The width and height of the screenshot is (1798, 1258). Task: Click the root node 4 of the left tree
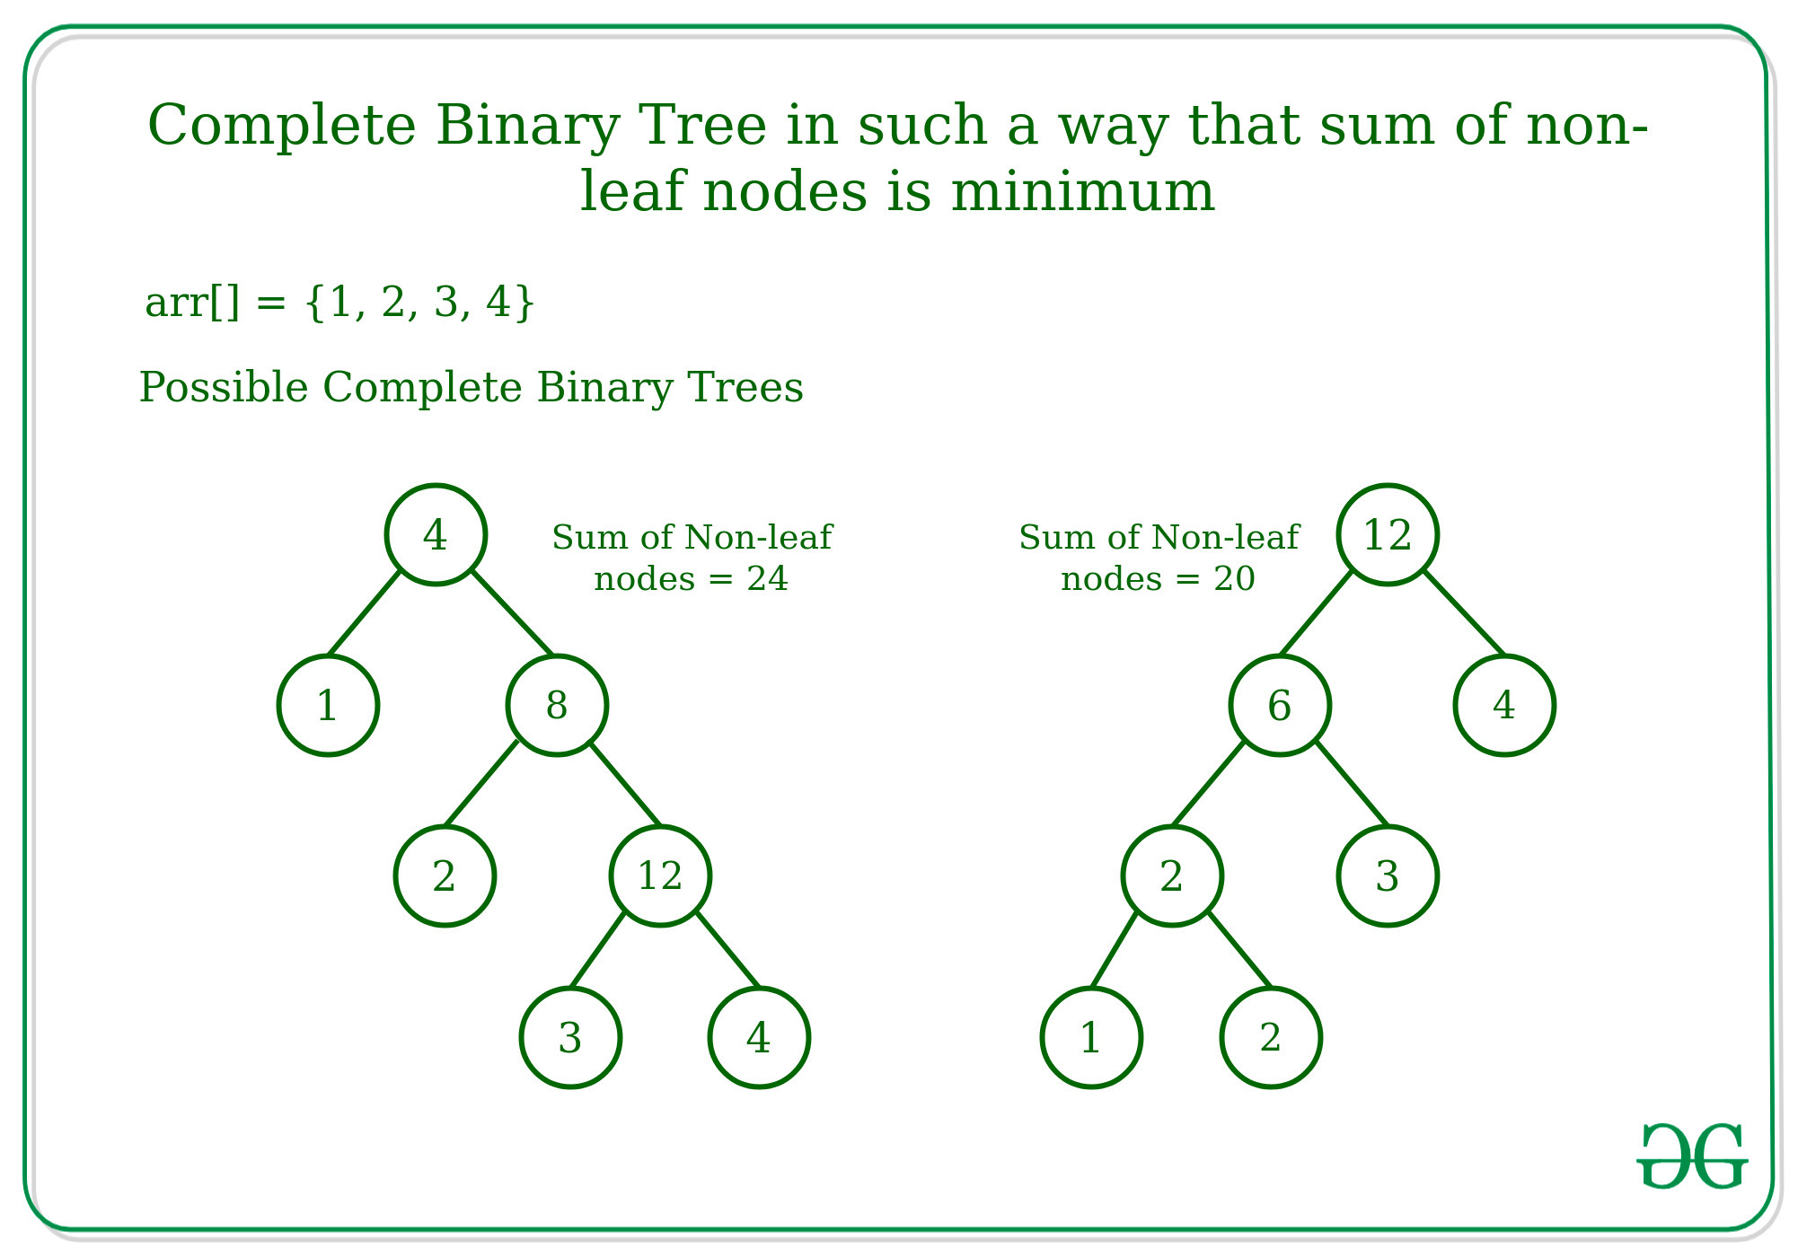436,535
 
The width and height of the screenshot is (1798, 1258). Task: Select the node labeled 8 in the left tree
557,706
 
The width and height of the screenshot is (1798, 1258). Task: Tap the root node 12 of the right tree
1388,535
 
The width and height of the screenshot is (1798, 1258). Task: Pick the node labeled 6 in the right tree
1280,706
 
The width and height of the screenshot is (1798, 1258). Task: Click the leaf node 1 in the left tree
328,706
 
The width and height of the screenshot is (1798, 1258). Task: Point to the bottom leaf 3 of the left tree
570,1038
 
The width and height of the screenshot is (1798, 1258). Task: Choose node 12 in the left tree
660,876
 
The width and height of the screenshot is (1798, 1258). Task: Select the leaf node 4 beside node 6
1504,706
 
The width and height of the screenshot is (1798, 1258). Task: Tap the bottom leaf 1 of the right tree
1091,1038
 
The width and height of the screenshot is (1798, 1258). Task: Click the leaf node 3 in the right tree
1388,876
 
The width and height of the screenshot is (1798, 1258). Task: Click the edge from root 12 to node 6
1316,612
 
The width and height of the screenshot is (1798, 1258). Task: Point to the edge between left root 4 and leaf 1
364,612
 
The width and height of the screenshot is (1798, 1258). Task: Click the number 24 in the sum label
767,579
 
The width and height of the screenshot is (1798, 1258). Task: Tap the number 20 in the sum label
1234,579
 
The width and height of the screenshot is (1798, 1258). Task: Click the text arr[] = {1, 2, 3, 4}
339,303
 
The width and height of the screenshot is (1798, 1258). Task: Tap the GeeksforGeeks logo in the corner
1692,1157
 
